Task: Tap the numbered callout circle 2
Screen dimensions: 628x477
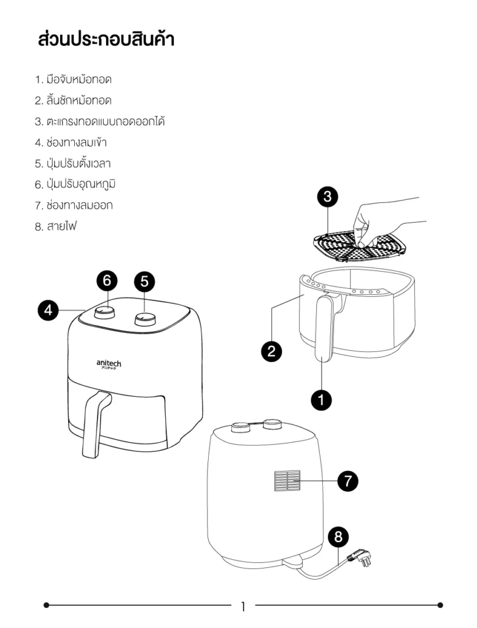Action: coord(271,351)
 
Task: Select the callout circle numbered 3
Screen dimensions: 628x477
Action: coord(327,197)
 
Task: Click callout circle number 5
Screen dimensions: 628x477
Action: coord(144,281)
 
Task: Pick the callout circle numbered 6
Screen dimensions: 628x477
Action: coord(107,281)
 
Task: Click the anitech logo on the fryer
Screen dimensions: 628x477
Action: coord(109,364)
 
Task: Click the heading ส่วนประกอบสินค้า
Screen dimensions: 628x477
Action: coord(106,40)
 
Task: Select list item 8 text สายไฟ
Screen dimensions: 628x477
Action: coord(55,226)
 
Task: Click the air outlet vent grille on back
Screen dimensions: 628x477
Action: coord(287,481)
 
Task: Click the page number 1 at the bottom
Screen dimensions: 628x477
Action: coord(242,607)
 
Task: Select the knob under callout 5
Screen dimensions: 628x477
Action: coord(145,318)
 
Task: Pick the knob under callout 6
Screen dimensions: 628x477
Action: coord(104,312)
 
